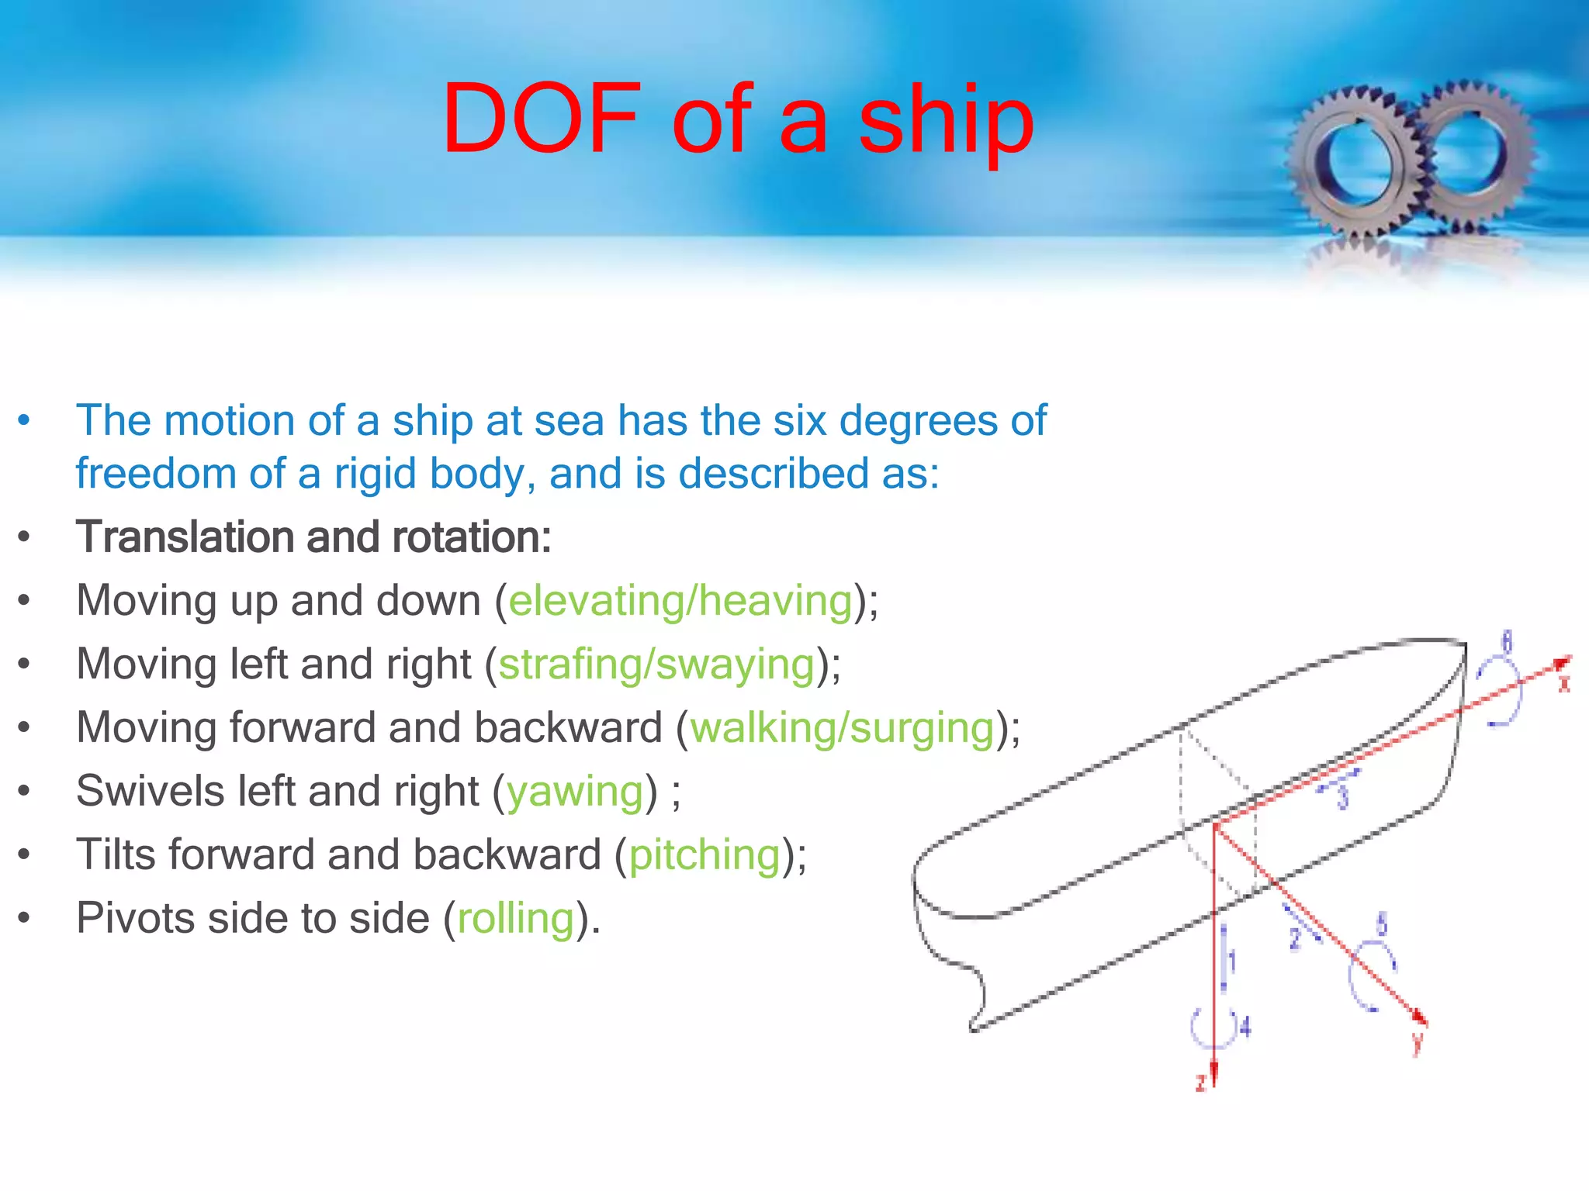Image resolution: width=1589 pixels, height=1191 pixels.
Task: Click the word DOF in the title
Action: (542, 120)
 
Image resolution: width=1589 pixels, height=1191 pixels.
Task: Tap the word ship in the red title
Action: (946, 124)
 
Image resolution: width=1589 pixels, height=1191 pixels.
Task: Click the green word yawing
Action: (575, 792)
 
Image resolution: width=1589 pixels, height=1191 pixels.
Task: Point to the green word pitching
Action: (704, 855)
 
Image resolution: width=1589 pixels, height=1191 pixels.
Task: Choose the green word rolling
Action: (516, 919)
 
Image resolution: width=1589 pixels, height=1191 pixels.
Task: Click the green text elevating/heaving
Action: (680, 601)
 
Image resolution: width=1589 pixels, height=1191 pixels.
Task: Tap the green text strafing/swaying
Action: (656, 665)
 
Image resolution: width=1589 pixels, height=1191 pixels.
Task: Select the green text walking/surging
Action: (843, 729)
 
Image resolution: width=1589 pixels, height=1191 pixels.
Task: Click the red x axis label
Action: (1564, 684)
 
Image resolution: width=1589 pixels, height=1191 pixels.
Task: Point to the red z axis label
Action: (1201, 1082)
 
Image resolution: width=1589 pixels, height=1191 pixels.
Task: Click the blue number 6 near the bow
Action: (1507, 642)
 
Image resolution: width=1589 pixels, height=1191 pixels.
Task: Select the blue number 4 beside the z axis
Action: (1245, 1028)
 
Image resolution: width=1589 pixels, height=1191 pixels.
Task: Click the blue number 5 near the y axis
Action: (1381, 924)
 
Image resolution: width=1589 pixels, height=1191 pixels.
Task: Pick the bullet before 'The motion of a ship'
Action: (24, 421)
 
